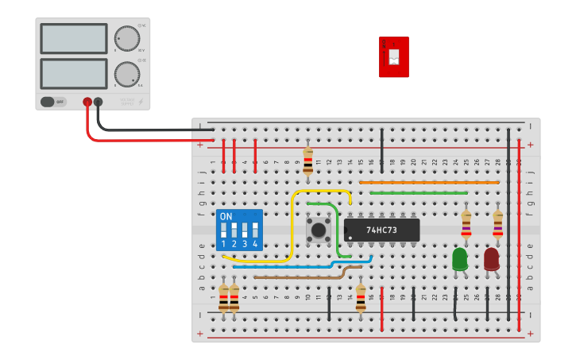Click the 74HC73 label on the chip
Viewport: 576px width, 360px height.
(x=381, y=230)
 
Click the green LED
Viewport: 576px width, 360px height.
(x=460, y=259)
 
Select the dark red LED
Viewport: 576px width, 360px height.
(x=492, y=259)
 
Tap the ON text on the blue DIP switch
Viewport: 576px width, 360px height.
(x=226, y=217)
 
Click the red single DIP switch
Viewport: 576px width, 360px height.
(x=394, y=56)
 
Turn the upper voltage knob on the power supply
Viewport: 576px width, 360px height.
(x=126, y=38)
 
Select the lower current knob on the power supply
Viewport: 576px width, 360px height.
(x=126, y=75)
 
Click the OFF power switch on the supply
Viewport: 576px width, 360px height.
(x=54, y=102)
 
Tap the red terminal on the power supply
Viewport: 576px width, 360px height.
(x=87, y=102)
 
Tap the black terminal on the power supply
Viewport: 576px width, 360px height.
(x=99, y=102)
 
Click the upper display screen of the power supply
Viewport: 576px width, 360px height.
(x=73, y=38)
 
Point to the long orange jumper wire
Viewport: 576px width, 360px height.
(x=429, y=182)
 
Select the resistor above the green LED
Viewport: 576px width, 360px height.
(x=466, y=223)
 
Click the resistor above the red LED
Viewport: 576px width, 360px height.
(x=498, y=223)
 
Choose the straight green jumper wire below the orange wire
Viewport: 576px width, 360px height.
(x=418, y=192)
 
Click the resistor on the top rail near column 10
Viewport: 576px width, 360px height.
(x=308, y=161)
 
